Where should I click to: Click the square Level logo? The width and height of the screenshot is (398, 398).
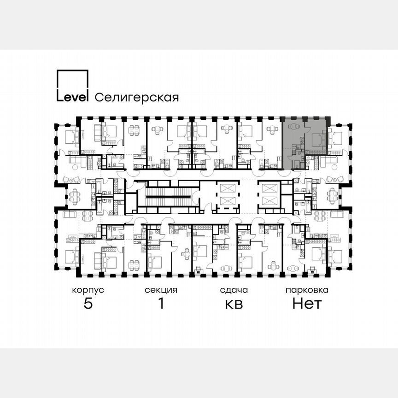pos(72,86)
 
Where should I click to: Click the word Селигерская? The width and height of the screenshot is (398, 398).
pos(136,97)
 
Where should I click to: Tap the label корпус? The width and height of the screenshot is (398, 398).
pos(88,290)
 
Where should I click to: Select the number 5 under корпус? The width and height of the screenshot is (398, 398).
pos(88,304)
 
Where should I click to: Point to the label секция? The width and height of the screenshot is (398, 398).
pos(161,290)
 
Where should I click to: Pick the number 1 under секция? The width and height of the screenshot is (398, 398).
pos(161,304)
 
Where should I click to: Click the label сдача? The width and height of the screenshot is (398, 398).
pos(234,290)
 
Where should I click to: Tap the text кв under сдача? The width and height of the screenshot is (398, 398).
pos(234,304)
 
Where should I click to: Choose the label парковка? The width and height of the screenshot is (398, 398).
pos(307,290)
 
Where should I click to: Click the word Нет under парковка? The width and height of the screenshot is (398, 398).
pos(307,304)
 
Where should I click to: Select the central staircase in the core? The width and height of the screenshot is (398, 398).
pos(168,196)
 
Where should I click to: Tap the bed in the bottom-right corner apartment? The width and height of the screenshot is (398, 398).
pos(335,256)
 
